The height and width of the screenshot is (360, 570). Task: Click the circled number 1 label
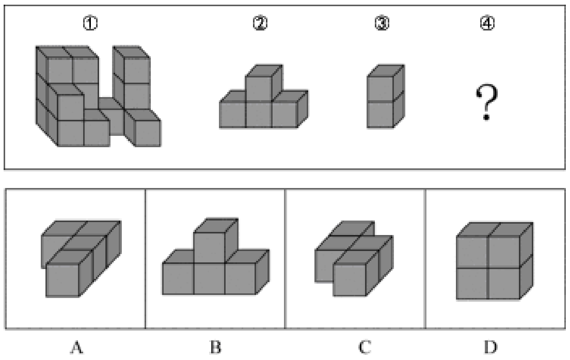[x=90, y=24]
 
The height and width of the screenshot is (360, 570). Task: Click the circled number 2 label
[x=260, y=24]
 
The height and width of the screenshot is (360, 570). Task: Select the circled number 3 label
[x=382, y=24]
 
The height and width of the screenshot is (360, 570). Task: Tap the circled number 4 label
[x=487, y=24]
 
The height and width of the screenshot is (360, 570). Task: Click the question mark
[x=486, y=102]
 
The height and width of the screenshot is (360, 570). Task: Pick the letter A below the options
[x=76, y=347]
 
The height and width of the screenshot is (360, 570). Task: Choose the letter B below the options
[x=215, y=347]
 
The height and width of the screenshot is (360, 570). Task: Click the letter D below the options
[x=490, y=347]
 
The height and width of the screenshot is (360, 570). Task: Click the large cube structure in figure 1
[x=98, y=96]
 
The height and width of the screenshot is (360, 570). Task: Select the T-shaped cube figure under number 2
[x=263, y=97]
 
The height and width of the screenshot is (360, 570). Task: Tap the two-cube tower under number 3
[x=386, y=97]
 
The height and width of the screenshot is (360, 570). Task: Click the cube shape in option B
[x=216, y=256]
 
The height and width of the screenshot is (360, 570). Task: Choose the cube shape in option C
[x=354, y=259]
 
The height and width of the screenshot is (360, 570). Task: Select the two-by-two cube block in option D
[x=495, y=260]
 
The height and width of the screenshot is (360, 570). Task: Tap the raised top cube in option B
[x=216, y=240]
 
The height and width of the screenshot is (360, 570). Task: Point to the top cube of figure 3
[x=386, y=83]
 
